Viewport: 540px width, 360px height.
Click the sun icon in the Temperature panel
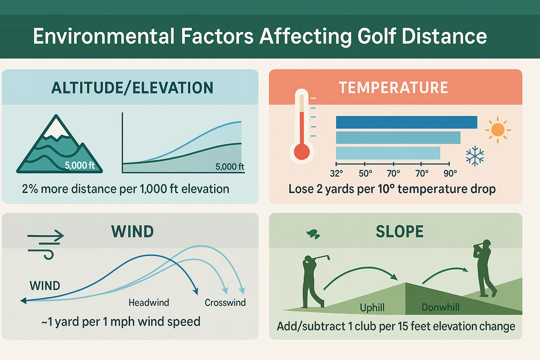click(498, 130)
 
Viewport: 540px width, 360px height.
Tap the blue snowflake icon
click(475, 156)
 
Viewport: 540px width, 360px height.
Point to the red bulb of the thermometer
click(302, 152)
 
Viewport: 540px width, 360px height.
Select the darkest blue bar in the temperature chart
click(406, 122)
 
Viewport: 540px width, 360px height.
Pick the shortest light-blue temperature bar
click(388, 153)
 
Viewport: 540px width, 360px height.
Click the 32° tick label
click(336, 174)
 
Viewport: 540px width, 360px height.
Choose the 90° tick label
click(450, 174)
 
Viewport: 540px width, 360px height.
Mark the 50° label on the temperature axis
click(365, 174)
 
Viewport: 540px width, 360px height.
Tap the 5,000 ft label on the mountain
click(80, 165)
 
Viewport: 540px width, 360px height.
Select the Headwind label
click(149, 303)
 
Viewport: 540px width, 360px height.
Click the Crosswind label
click(225, 303)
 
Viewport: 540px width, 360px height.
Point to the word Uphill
click(372, 308)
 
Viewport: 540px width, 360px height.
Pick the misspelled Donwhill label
click(441, 308)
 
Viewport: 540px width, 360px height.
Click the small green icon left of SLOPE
click(313, 234)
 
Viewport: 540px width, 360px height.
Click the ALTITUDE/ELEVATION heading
click(132, 88)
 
